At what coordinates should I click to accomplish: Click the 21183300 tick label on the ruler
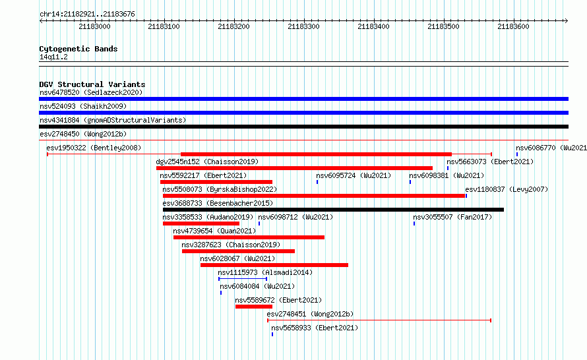[303, 26]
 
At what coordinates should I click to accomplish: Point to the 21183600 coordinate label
[513, 26]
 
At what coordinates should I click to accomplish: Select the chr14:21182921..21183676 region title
[87, 15]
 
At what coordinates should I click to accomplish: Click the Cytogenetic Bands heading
[78, 49]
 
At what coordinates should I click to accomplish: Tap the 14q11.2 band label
[53, 57]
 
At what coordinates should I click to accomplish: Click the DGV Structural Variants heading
[92, 84]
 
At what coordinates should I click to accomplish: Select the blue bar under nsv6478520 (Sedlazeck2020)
[303, 99]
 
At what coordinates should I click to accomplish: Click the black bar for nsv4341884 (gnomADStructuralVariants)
[303, 127]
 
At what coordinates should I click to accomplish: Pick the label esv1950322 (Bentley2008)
[94, 148]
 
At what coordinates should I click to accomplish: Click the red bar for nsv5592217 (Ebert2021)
[216, 182]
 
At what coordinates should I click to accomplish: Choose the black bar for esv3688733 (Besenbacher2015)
[333, 210]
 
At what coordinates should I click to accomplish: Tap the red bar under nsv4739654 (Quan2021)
[249, 237]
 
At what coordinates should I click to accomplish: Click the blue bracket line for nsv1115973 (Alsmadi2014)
[243, 278]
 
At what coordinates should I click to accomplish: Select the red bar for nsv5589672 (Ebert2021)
[254, 307]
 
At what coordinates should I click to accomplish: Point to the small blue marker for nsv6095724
[317, 182]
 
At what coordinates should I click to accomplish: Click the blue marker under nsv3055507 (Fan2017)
[414, 224]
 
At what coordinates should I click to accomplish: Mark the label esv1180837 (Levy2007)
[507, 189]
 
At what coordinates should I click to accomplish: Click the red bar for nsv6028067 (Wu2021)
[274, 265]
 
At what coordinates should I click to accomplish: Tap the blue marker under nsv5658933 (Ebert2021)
[272, 334]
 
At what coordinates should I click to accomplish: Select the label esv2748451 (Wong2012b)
[310, 314]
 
